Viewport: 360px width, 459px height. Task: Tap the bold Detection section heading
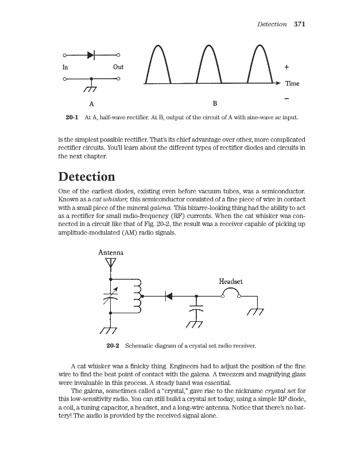tap(87, 176)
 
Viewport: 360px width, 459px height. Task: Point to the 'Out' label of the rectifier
tap(118, 67)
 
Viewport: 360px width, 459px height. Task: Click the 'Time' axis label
tap(292, 84)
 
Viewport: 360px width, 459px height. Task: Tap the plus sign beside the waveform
tap(287, 67)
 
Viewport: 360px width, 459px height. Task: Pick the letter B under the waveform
tap(215, 104)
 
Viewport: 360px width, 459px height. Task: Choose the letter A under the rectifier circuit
tap(91, 104)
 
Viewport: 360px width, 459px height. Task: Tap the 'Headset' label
tap(231, 281)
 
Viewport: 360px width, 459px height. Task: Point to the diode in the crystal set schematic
tap(169, 297)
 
